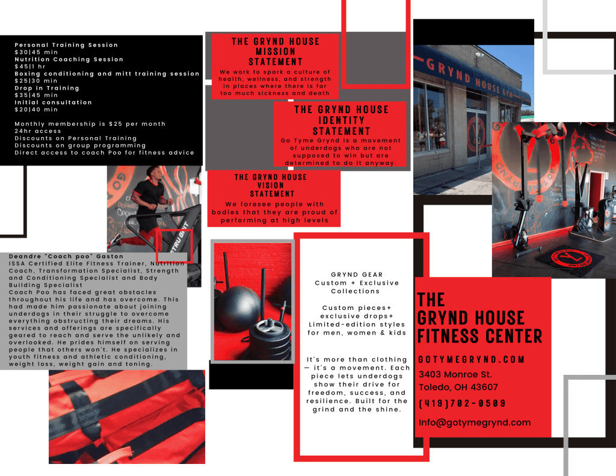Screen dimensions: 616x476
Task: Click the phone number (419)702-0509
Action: pos(462,403)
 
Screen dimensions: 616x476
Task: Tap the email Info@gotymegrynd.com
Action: pos(475,422)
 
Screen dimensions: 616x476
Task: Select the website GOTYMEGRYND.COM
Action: pos(472,359)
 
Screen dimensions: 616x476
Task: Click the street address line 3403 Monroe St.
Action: pos(455,374)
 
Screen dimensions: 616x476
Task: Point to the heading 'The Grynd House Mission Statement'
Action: pos(276,52)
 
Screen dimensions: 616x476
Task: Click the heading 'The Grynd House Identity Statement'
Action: pos(342,120)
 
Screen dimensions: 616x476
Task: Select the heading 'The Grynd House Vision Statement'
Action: pos(271,185)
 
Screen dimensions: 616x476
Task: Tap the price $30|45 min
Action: pos(36,52)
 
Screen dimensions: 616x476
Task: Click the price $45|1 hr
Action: pos(30,66)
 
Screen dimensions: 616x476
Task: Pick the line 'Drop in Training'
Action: pos(47,88)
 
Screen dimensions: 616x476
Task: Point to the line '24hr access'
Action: pos(38,131)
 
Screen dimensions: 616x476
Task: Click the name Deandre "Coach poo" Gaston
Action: pos(66,256)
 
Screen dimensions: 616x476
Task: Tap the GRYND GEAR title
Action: pos(357,274)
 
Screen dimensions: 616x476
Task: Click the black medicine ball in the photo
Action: pos(238,306)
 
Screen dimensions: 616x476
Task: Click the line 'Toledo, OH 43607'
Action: pos(458,387)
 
